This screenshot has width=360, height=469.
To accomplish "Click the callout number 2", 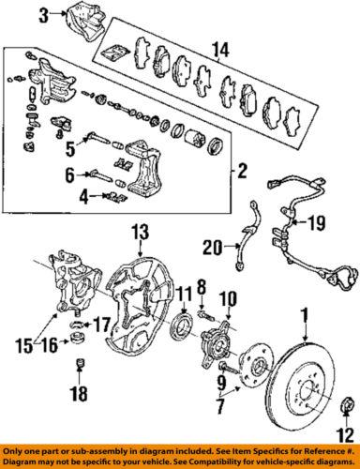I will click(x=242, y=171).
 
